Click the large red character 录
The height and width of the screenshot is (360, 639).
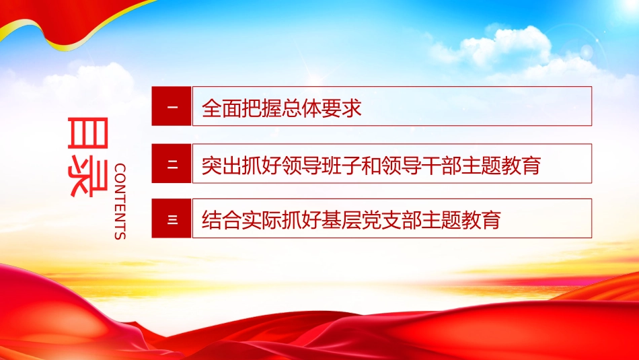(x=87, y=178)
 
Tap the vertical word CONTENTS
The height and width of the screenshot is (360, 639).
(x=120, y=201)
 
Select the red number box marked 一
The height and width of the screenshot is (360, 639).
(x=172, y=106)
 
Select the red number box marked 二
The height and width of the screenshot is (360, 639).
(x=172, y=164)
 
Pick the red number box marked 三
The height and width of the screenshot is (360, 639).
(x=172, y=219)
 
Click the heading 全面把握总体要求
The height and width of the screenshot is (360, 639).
(x=282, y=108)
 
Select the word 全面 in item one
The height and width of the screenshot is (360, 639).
(x=222, y=108)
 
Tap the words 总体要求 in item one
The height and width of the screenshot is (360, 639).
(x=322, y=108)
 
